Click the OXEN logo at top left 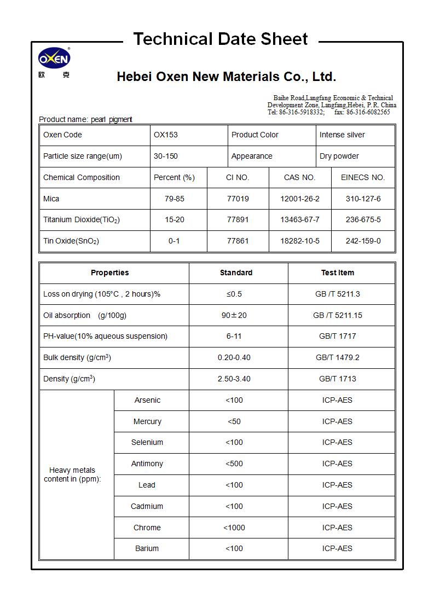pos(54,59)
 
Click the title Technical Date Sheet pos(221,39)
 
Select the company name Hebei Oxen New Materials pos(226,77)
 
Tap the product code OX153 pos(166,135)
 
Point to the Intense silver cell pos(342,135)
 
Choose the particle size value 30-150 pos(166,156)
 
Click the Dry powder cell pos(339,156)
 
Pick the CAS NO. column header pos(299,177)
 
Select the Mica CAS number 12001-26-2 pos(299,199)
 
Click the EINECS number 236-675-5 pos(363,219)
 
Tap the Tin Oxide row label pos(71,241)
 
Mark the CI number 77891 pos(238,219)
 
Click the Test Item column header pos(337,273)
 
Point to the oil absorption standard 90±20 pos(234,315)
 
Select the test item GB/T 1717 pos(337,336)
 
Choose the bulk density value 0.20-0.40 pos(234,357)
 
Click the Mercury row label pos(147,421)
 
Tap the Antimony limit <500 pos(234,464)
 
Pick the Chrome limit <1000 pos(234,528)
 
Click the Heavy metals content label pos(72,474)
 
